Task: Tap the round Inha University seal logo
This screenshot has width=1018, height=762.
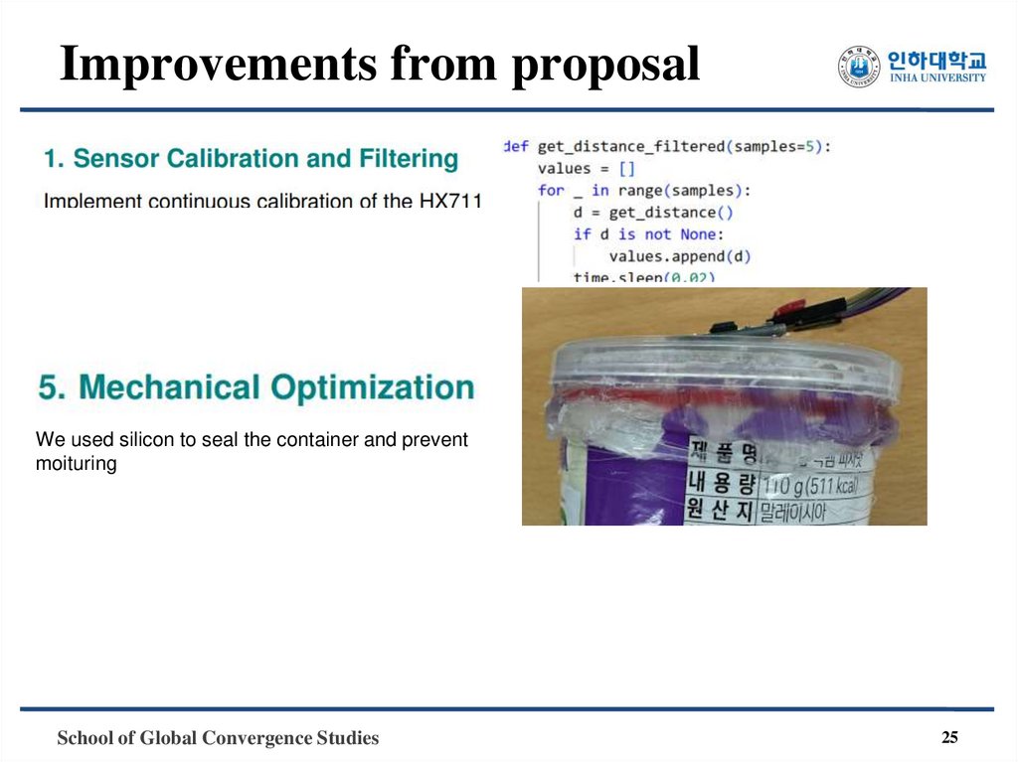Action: (x=859, y=68)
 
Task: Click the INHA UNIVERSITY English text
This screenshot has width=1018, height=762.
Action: (x=938, y=78)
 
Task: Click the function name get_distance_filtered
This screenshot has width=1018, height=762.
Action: (x=630, y=146)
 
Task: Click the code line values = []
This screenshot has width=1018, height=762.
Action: (x=586, y=168)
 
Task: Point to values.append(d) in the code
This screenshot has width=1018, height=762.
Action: (x=679, y=255)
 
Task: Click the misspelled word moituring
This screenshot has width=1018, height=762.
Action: (x=76, y=463)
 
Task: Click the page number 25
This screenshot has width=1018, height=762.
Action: (x=949, y=737)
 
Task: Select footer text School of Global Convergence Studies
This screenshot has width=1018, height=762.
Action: (x=218, y=738)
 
